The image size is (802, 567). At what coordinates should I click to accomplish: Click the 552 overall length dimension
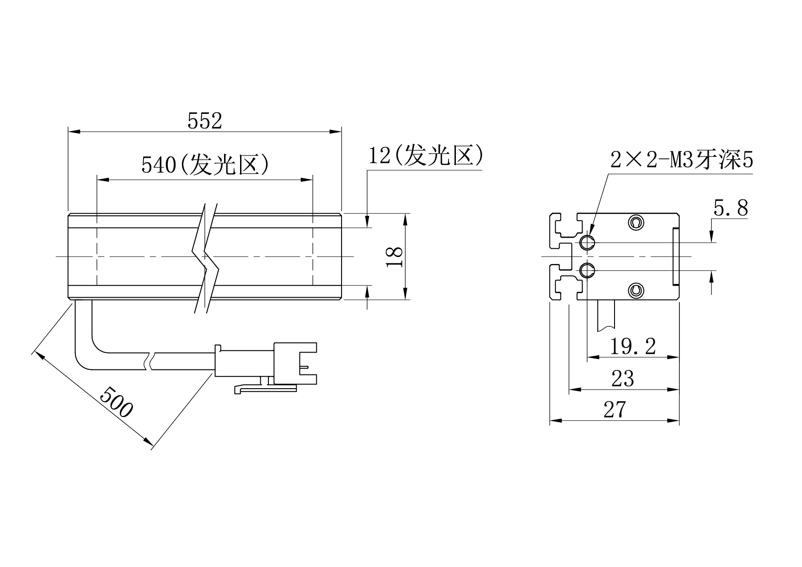click(x=204, y=121)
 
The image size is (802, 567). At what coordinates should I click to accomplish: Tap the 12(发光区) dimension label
click(x=426, y=155)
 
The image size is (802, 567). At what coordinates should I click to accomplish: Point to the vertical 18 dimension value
click(x=395, y=257)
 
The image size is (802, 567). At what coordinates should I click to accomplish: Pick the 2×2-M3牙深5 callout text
click(x=682, y=160)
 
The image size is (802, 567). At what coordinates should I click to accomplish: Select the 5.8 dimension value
click(x=731, y=208)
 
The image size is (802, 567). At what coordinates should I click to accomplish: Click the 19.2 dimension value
click(x=633, y=346)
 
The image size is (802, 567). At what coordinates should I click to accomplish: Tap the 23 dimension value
click(x=622, y=379)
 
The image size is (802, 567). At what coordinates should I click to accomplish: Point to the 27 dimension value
click(x=614, y=410)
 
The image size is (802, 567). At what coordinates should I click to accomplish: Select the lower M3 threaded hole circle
click(x=587, y=271)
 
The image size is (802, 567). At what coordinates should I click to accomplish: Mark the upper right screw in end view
click(x=636, y=222)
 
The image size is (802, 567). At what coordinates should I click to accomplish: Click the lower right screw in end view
click(x=636, y=290)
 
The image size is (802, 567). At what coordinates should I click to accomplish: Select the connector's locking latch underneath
click(x=265, y=387)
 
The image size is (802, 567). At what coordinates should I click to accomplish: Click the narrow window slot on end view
click(x=675, y=257)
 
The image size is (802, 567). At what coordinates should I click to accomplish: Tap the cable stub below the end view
click(x=606, y=316)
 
